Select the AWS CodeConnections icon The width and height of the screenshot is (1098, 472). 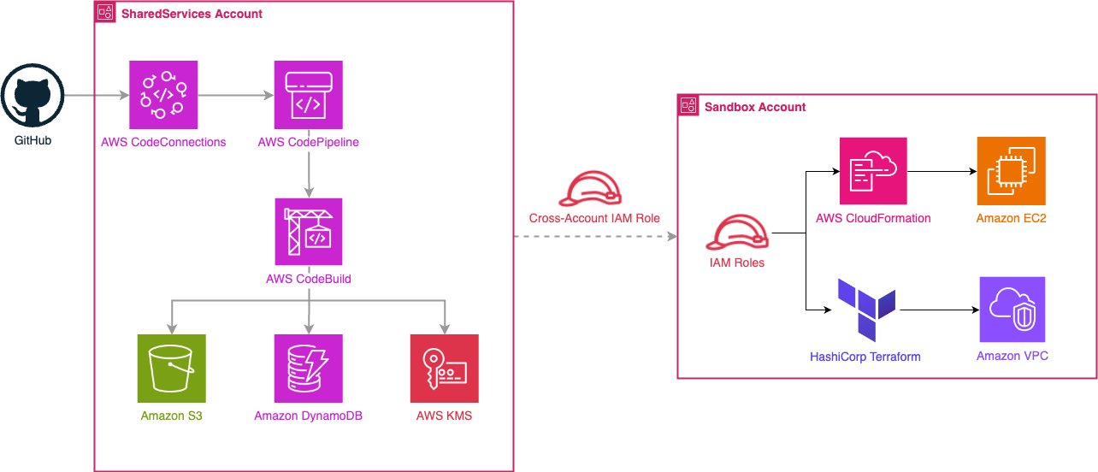(162, 94)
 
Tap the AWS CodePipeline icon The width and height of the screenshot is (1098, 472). (308, 94)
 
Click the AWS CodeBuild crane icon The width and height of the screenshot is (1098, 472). (308, 232)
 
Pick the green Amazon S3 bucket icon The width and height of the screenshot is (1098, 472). (171, 368)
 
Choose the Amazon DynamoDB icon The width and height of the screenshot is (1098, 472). (308, 368)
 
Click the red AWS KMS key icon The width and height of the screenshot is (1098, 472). (445, 368)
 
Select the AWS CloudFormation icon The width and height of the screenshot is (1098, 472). (873, 172)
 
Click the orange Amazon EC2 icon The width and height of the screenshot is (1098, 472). (1011, 172)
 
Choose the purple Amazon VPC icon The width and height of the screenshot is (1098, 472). (1012, 310)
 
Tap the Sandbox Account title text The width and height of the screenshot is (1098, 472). (754, 107)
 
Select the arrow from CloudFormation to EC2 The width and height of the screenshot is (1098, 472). (942, 172)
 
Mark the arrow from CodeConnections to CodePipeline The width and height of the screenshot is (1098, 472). (235, 94)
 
